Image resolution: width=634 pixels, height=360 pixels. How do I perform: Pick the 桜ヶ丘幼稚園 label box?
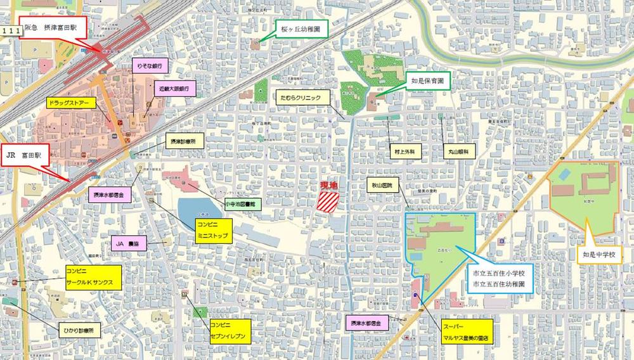[x=302, y=29]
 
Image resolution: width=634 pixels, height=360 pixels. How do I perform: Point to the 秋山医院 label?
[x=380, y=185]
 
